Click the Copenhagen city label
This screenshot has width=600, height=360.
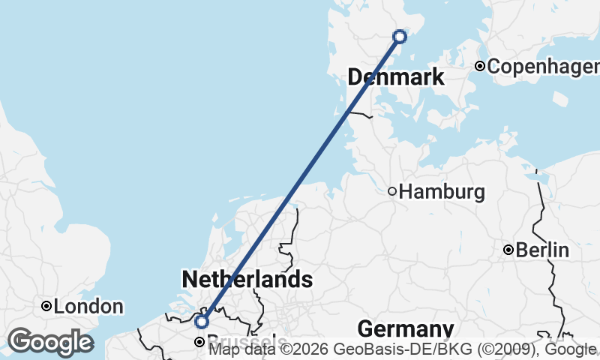tap(543, 66)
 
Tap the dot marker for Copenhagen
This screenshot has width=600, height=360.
tap(480, 66)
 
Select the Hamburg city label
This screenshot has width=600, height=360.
tap(442, 191)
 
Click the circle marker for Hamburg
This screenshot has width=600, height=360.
tap(392, 191)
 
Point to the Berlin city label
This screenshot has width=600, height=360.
tap(542, 250)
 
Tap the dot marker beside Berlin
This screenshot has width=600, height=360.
tap(508, 250)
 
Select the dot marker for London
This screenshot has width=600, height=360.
tap(46, 306)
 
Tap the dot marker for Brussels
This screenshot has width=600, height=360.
tap(199, 342)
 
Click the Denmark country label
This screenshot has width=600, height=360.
tap(395, 76)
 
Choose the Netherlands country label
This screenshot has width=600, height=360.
tap(247, 280)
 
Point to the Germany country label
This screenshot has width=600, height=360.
tap(405, 328)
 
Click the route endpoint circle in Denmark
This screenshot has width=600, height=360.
tap(400, 36)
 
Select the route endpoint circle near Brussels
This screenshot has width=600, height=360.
tap(201, 322)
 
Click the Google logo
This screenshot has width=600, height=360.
tap(50, 342)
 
